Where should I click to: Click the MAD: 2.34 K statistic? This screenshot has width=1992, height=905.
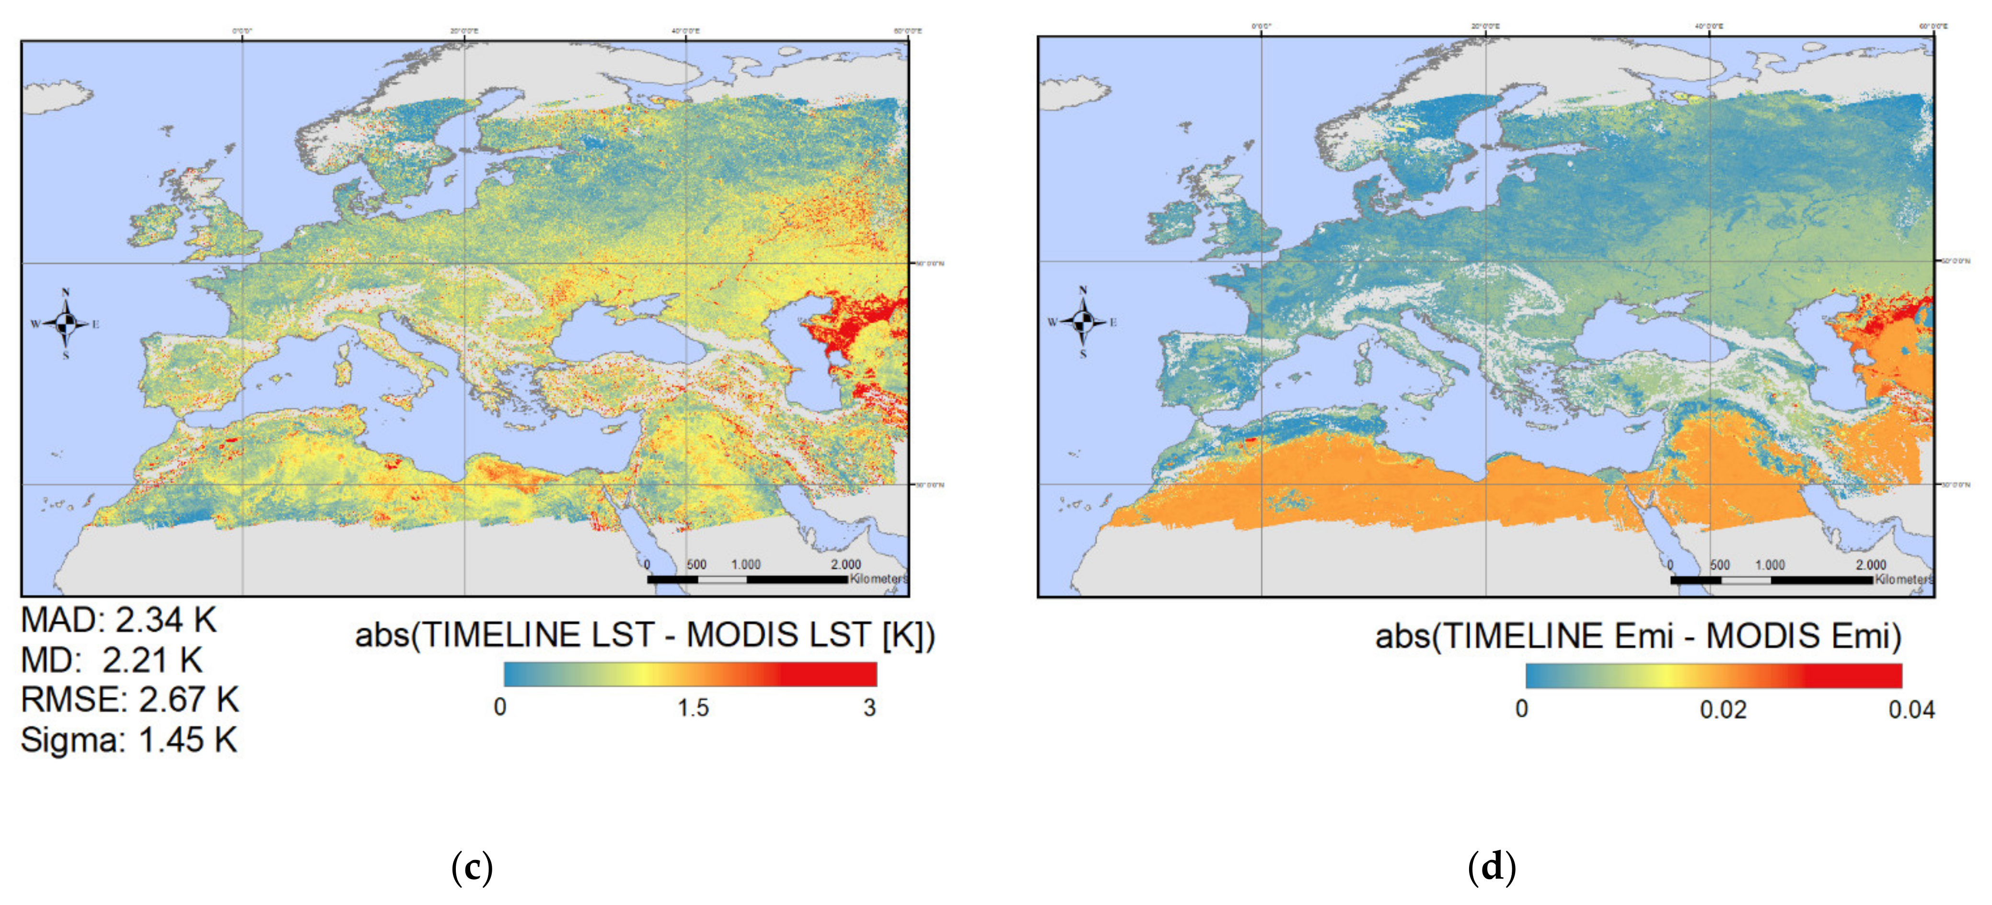click(118, 620)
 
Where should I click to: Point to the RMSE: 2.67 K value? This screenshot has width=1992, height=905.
click(129, 700)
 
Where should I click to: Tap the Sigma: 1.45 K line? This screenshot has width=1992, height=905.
click(128, 740)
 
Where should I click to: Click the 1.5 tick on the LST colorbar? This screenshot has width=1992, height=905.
click(693, 708)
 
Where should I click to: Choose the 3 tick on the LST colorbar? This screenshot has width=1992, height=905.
click(870, 708)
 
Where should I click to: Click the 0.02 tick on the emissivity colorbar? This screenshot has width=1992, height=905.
click(1723, 709)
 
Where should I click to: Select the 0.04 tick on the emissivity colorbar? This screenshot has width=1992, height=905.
click(1911, 709)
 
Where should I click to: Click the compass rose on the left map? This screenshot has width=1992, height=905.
click(66, 324)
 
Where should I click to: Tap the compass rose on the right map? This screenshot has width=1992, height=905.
click(1083, 322)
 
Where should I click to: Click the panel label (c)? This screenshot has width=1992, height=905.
click(472, 868)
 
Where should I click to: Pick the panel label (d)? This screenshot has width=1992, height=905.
click(1491, 868)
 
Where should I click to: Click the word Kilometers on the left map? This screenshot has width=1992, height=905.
click(879, 579)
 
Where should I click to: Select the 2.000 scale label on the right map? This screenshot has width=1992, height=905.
click(1871, 565)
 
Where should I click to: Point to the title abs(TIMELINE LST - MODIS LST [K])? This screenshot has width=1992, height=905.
click(645, 635)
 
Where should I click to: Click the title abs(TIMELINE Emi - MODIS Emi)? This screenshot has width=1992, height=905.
click(1638, 637)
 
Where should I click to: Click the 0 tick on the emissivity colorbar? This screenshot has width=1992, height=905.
click(1522, 709)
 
